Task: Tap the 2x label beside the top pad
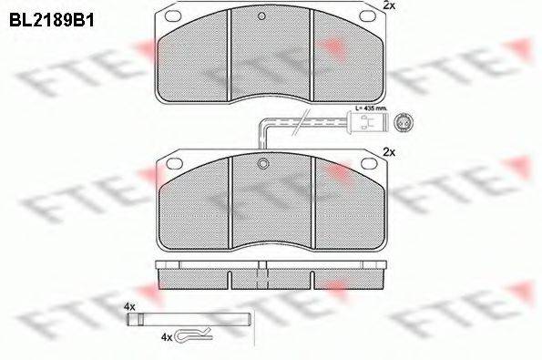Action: [388, 5]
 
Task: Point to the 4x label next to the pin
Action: [129, 306]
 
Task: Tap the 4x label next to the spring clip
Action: [166, 337]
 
